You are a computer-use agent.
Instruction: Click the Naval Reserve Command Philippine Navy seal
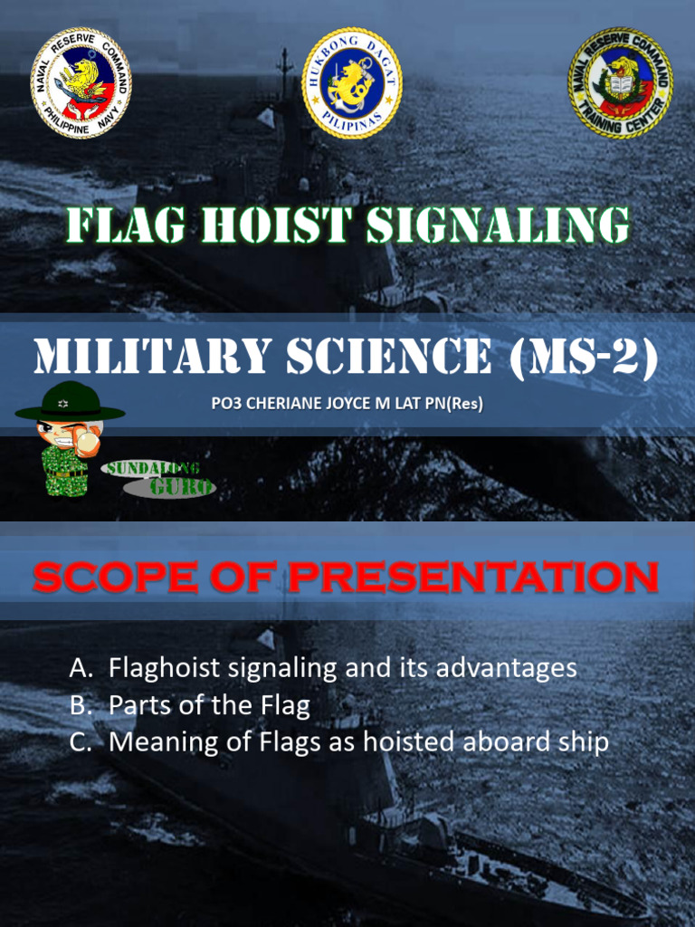[x=81, y=82]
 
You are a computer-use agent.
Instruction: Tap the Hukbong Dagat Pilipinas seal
[x=351, y=82]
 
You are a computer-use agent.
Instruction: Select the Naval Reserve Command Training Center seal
[x=620, y=82]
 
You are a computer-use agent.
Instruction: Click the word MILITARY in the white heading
[x=151, y=358]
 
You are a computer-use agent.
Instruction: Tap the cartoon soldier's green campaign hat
[x=69, y=404]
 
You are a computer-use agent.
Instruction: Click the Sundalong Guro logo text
[x=161, y=477]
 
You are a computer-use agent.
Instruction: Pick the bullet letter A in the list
[x=81, y=669]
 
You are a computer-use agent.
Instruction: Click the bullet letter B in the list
[x=81, y=705]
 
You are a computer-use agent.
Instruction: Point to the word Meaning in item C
[x=158, y=742]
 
